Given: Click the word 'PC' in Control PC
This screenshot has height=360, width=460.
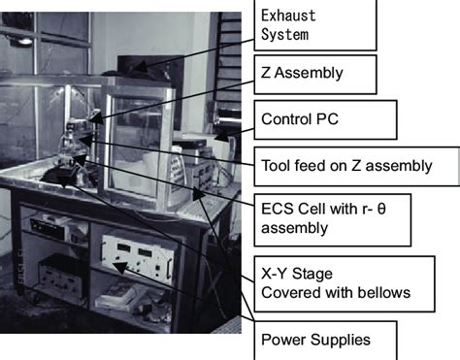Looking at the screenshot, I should [x=347, y=121].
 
